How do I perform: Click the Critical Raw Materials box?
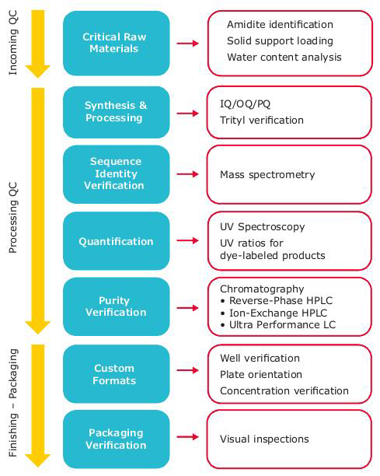pos(114,44)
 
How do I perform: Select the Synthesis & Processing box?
pos(114,113)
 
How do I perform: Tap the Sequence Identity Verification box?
pos(114,174)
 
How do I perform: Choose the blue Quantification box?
pos(114,241)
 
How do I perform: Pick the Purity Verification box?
pos(114,306)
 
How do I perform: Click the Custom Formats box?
pos(114,374)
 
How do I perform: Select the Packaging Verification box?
pos(114,439)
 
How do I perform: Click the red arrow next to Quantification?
pos(187,242)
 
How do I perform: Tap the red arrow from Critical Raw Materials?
pos(187,44)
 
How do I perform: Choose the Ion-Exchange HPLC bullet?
pos(271,313)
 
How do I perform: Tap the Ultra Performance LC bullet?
pos(276,324)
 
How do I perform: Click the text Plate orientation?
pos(260,374)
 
